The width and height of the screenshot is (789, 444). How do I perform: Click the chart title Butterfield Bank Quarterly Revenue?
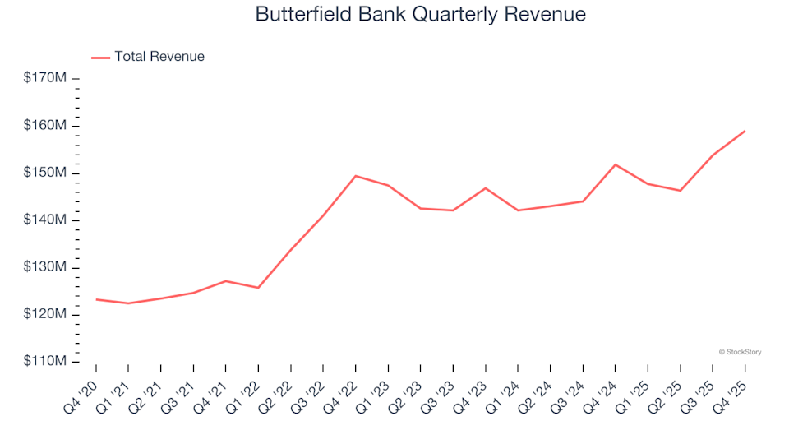click(x=420, y=14)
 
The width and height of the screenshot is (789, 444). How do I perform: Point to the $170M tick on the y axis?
click(x=45, y=78)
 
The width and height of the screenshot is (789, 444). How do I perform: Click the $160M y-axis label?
click(x=45, y=126)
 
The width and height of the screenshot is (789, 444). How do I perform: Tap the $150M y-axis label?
click(x=45, y=173)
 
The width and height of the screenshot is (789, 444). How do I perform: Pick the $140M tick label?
click(x=45, y=220)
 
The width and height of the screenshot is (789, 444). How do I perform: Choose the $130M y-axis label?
click(x=45, y=267)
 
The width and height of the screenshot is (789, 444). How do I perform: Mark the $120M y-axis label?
click(x=45, y=315)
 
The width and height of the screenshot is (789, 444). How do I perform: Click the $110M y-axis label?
click(x=45, y=362)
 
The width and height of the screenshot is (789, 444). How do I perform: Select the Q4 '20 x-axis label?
click(x=82, y=391)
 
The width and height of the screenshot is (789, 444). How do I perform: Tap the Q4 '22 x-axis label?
click(x=342, y=391)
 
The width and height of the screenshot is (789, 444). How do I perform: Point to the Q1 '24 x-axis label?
click(x=505, y=391)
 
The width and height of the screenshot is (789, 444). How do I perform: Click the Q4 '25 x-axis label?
click(x=731, y=391)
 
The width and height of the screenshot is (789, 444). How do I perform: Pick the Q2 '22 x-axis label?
click(x=277, y=391)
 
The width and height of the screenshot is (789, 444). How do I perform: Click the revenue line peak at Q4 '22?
click(x=355, y=176)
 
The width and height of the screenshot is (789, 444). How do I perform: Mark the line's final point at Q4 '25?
click(x=745, y=131)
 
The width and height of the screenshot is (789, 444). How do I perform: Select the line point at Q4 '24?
click(x=615, y=164)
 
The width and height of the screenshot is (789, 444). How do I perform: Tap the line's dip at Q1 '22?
click(x=258, y=288)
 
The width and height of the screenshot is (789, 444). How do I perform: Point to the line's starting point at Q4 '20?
click(x=96, y=299)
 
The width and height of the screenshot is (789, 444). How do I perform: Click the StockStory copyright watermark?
click(x=740, y=352)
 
